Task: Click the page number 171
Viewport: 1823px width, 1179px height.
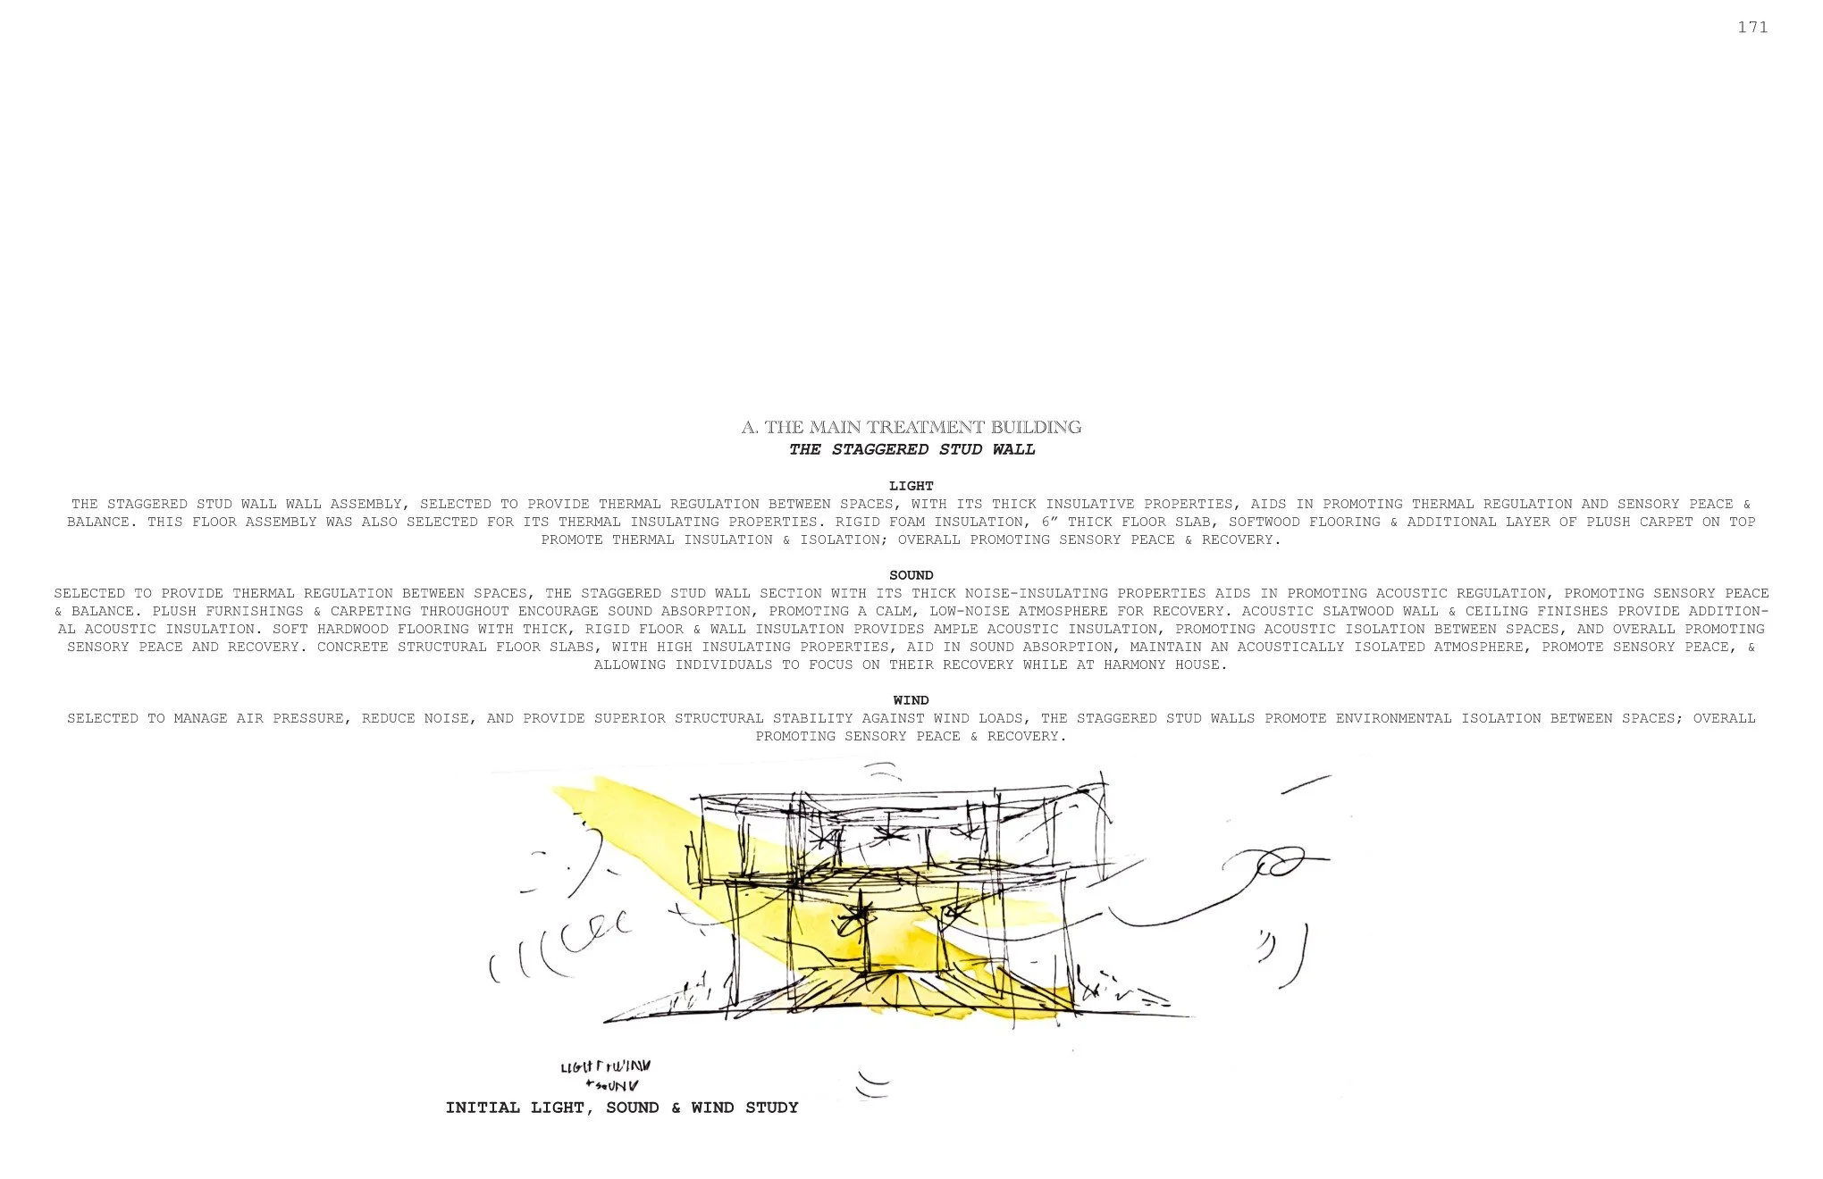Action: pos(1752,28)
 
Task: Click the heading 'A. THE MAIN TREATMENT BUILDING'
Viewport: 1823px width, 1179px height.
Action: pos(911,427)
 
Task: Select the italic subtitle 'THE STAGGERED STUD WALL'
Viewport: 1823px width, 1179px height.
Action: pos(911,449)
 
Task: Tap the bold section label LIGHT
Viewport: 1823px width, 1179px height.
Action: pos(911,486)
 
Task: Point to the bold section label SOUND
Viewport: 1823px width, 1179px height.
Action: pos(911,575)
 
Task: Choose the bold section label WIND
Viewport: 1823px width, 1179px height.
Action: pos(911,700)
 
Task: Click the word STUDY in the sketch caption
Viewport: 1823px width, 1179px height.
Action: pos(771,1108)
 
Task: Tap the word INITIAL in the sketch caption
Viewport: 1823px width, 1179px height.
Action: pos(482,1108)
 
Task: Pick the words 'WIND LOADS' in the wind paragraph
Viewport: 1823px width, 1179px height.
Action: pos(978,718)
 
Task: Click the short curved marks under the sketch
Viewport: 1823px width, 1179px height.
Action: pos(872,1084)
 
